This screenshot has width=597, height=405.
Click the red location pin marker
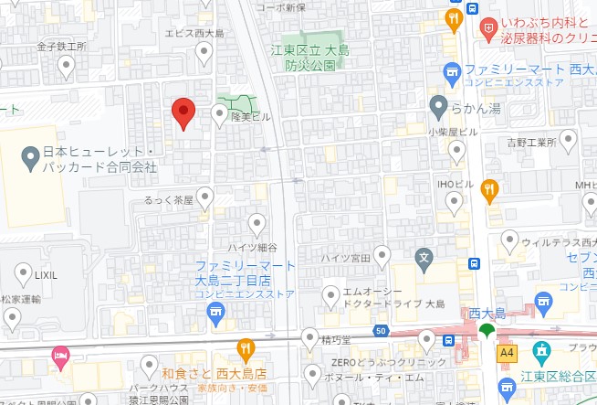click(183, 112)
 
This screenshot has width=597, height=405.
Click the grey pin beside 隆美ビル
click(219, 113)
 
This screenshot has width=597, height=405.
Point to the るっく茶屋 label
click(170, 198)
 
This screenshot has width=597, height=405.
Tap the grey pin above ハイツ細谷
click(258, 222)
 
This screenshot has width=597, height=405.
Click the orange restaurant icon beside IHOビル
click(490, 189)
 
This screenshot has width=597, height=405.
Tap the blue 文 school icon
click(423, 257)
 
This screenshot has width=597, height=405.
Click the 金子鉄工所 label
click(60, 45)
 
